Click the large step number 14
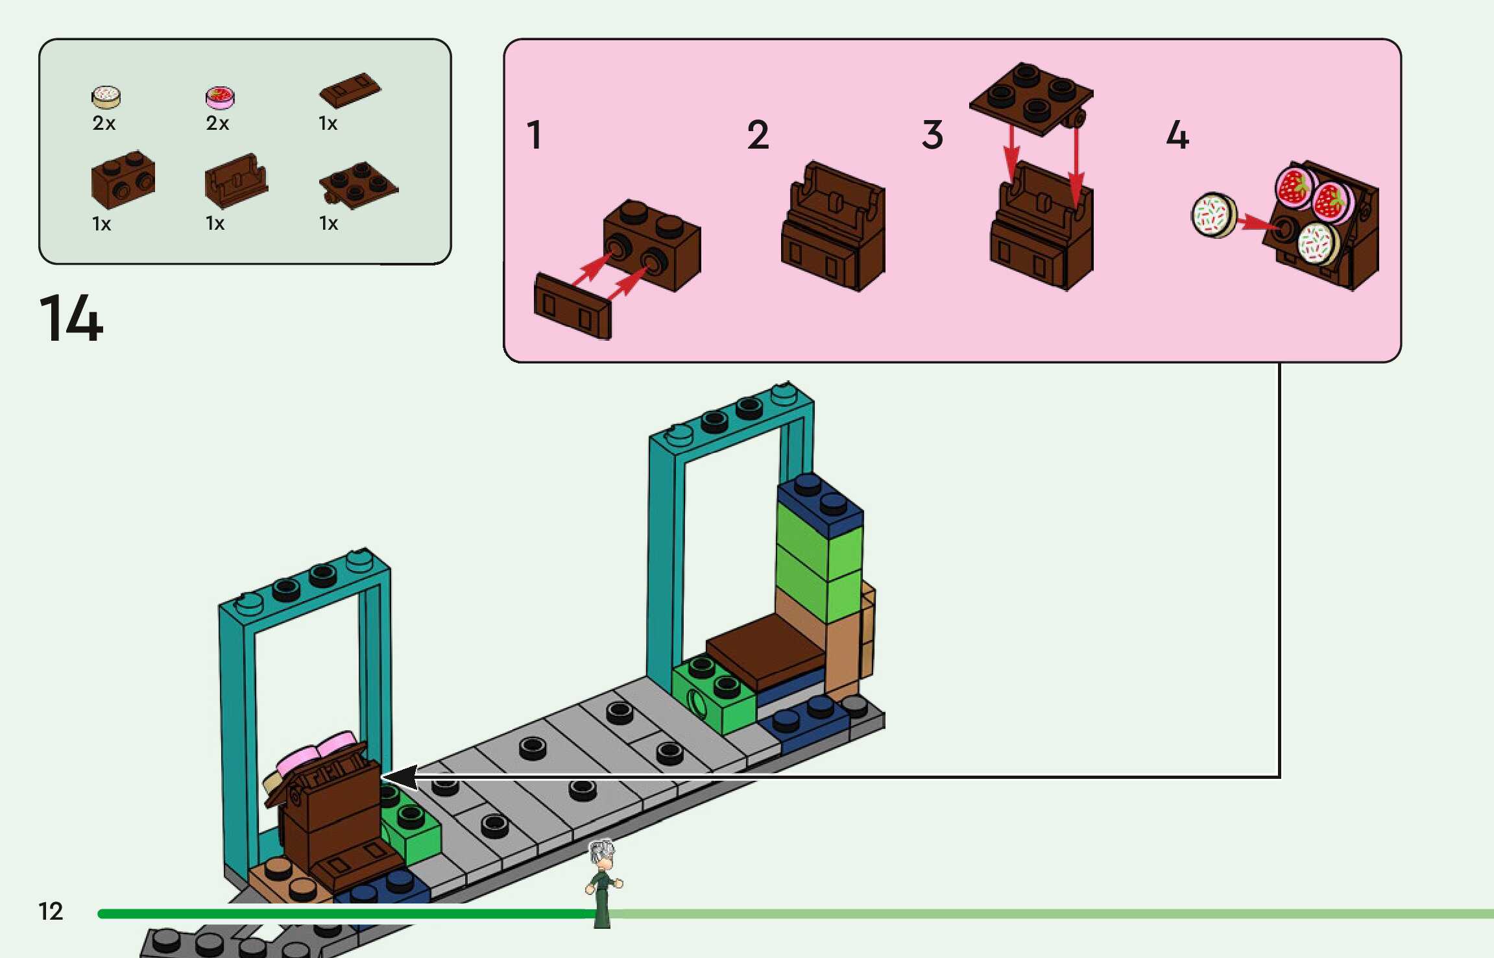(x=71, y=318)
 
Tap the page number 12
(x=51, y=911)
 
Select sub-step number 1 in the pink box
(x=534, y=135)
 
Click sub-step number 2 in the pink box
(x=758, y=135)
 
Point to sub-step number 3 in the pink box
(x=932, y=135)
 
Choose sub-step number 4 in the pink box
(x=1177, y=135)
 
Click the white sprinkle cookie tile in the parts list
(x=106, y=97)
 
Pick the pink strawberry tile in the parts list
(x=220, y=97)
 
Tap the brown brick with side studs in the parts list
(x=123, y=179)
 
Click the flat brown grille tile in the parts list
(x=350, y=90)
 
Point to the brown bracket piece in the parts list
(x=235, y=181)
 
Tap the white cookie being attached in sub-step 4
(x=1214, y=215)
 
